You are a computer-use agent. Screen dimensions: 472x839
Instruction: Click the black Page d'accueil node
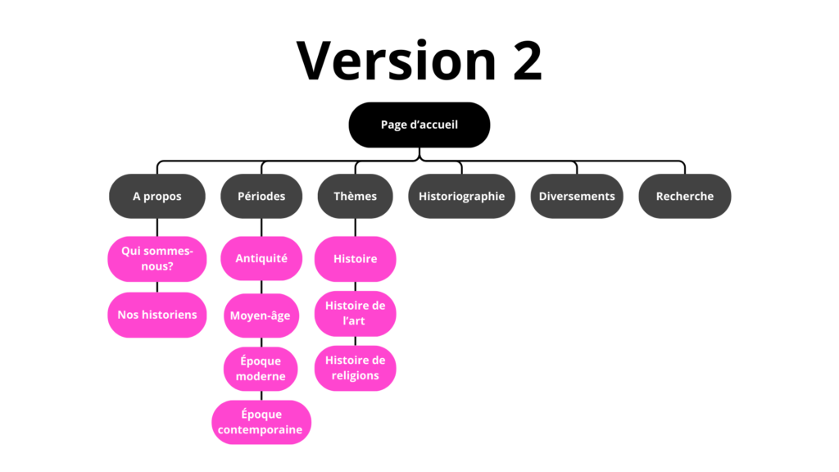tap(419, 125)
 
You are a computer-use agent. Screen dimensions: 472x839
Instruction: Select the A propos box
tap(156, 196)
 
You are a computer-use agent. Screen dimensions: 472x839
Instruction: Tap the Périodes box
tap(261, 196)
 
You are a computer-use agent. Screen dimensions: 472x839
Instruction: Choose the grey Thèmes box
tap(355, 196)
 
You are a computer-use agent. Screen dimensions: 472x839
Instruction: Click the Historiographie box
tap(461, 196)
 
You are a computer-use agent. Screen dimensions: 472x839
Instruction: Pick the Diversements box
tap(577, 196)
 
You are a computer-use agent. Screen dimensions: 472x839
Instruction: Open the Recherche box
tap(684, 196)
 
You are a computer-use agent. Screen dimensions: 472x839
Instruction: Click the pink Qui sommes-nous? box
tap(156, 259)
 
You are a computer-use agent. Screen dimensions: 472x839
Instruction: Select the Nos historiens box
tap(156, 315)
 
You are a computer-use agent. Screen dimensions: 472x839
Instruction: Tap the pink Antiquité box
tap(261, 259)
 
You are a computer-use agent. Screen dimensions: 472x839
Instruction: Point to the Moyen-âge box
tap(261, 315)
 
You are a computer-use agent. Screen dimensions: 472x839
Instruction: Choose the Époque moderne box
tap(261, 369)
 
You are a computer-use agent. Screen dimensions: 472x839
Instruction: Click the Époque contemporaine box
tap(261, 422)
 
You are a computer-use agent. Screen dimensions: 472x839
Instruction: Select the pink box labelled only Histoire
tap(355, 259)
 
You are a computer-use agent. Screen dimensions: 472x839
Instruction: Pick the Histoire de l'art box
tap(355, 313)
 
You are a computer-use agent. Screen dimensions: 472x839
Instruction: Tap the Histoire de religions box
tap(355, 368)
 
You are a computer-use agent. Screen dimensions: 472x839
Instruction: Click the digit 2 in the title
tap(528, 61)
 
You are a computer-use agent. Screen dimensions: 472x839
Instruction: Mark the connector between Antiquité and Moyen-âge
tap(261, 287)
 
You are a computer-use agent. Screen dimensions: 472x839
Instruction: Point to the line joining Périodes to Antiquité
tap(261, 228)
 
